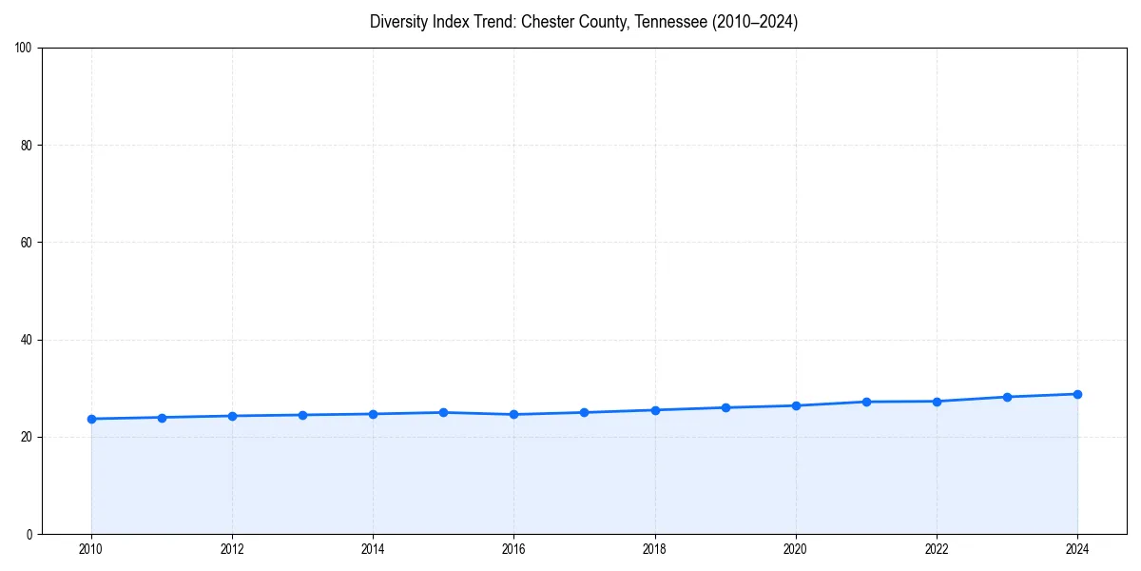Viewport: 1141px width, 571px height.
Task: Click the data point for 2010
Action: coord(91,419)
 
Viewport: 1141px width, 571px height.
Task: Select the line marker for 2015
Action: coord(443,412)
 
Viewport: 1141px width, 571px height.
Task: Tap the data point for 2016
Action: coord(513,414)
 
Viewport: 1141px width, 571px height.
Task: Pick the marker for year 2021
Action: coord(866,402)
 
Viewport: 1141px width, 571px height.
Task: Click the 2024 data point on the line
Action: coord(1077,394)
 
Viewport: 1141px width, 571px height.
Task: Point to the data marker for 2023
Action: coord(1007,397)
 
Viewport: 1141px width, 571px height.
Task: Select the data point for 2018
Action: coord(655,410)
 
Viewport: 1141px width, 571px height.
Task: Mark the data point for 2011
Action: coord(162,418)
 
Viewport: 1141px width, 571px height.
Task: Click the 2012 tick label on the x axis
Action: coord(232,549)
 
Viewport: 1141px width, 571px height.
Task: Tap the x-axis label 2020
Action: coord(796,549)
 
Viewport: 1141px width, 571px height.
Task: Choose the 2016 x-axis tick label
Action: coord(513,549)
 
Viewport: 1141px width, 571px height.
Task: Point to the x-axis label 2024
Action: coord(1077,549)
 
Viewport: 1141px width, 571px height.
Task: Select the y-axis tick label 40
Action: coord(28,340)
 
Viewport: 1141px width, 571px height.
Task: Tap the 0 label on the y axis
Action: coord(30,534)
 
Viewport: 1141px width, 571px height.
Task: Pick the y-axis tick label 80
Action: coord(28,146)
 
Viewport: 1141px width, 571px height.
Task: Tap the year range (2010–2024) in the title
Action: coord(755,22)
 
